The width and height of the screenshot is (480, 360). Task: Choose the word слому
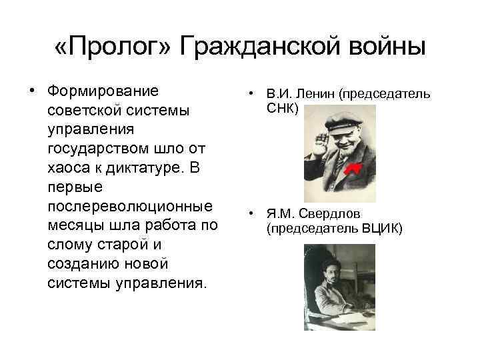coord(71,244)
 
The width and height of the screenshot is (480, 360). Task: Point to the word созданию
coord(82,263)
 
